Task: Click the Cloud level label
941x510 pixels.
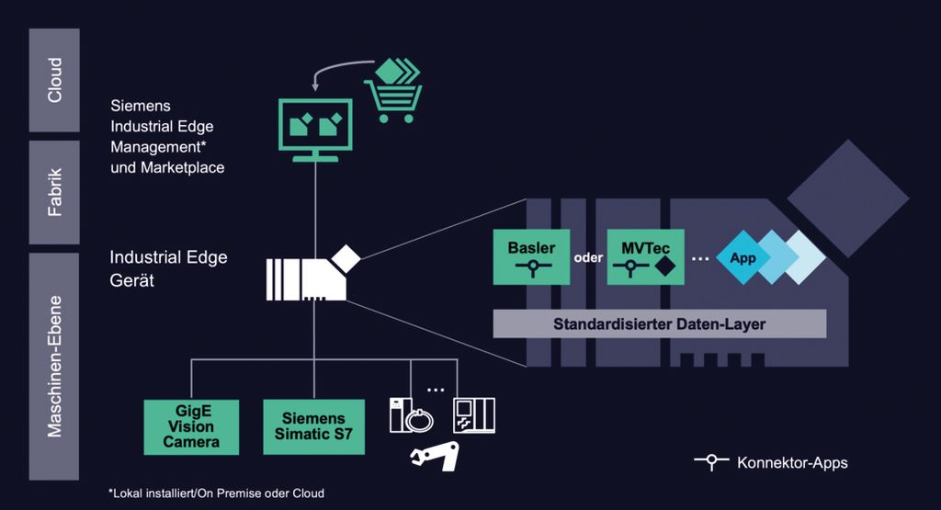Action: [x=54, y=80]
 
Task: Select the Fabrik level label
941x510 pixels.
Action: [x=54, y=191]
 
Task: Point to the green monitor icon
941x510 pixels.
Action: [x=315, y=129]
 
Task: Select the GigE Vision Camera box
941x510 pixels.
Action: [x=191, y=426]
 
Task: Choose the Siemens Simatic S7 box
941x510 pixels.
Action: [x=313, y=426]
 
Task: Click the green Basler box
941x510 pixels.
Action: [x=531, y=257]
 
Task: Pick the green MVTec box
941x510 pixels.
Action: [x=646, y=257]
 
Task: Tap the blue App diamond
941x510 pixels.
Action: [x=743, y=258]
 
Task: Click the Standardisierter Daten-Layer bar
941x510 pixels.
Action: [x=659, y=323]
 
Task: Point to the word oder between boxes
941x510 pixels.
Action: [x=588, y=257]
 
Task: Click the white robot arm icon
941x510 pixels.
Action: [x=435, y=455]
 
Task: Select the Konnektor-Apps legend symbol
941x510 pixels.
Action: [x=710, y=462]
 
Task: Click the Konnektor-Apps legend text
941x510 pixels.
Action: [x=792, y=462]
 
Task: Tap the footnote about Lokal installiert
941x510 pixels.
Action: [x=216, y=493]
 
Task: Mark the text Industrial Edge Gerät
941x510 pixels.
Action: [x=168, y=268]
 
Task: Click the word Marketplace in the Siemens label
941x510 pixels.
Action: [x=183, y=167]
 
